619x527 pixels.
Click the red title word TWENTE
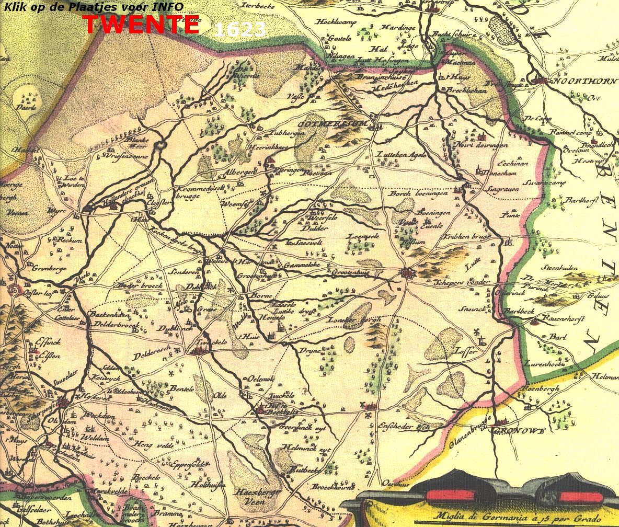141,25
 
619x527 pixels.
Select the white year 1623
240,30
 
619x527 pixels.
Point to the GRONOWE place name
519,431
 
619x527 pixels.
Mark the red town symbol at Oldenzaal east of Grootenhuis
408,273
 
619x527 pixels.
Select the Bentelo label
182,389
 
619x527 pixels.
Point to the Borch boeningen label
418,193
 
